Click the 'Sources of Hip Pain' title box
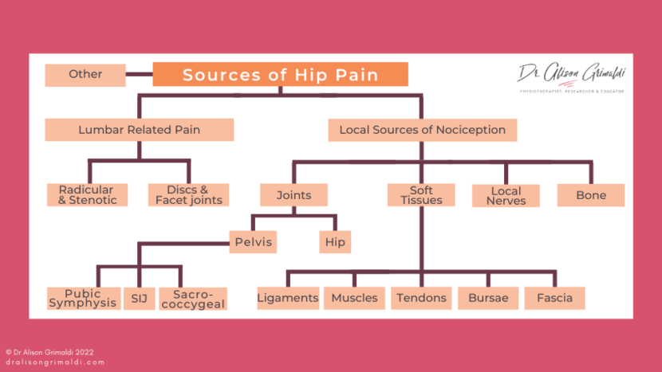pos(280,75)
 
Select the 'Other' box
pos(85,75)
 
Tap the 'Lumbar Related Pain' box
pos(139,130)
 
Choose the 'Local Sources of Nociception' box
pos(422,130)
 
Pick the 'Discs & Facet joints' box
pos(189,195)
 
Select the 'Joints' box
pos(294,195)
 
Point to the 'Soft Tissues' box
pos(421,195)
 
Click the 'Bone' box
pos(591,195)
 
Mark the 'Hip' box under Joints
pos(335,242)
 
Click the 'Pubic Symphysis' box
pos(83,298)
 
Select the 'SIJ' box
pos(139,298)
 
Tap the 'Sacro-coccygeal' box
pos(193,298)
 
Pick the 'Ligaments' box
pos(288,298)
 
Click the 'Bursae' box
pos(488,298)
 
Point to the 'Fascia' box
pos(554,298)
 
